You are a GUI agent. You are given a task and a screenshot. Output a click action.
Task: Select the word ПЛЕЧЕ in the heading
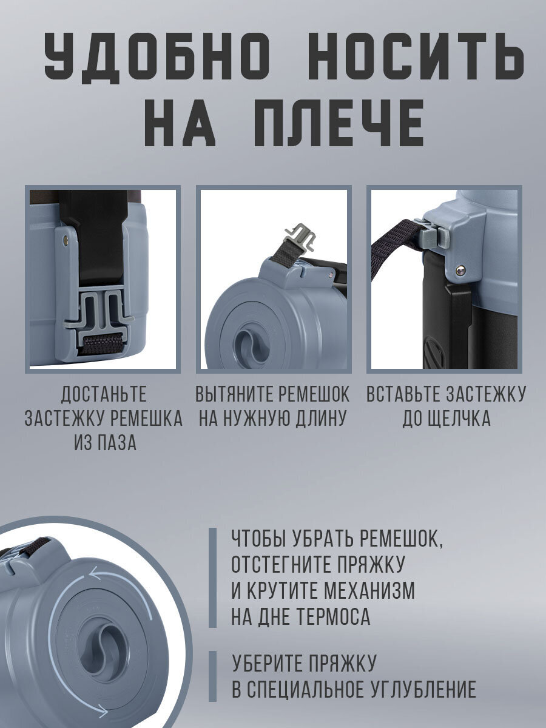[x=339, y=123]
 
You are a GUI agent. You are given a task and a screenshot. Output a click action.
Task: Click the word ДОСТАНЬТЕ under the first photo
[x=104, y=394]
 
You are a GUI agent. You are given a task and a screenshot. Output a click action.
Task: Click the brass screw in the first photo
[x=67, y=238]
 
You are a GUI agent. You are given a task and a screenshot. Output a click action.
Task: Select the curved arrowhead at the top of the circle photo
[x=96, y=573]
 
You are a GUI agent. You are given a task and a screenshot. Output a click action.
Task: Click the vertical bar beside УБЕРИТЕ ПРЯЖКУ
[x=212, y=676]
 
